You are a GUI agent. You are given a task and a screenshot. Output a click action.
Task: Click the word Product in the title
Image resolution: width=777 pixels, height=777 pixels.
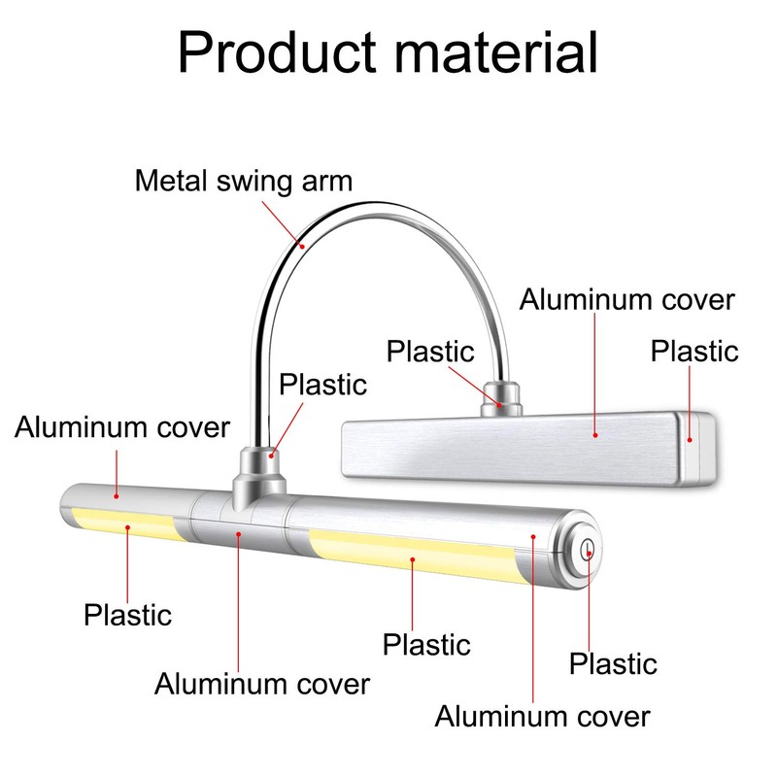click(277, 52)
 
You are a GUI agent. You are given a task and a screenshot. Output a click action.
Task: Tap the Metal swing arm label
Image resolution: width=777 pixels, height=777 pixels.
click(244, 181)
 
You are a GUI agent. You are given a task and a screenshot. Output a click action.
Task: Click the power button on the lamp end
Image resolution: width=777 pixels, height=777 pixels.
click(588, 550)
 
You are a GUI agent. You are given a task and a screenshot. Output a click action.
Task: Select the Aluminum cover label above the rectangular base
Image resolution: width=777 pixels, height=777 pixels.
click(626, 300)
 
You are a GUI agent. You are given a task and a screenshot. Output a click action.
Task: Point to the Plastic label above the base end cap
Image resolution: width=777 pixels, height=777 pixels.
click(694, 352)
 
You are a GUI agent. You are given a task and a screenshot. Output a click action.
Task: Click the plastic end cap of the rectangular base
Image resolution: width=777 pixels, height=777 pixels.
click(697, 449)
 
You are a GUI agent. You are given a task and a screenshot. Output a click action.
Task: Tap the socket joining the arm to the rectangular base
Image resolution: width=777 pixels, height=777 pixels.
click(501, 399)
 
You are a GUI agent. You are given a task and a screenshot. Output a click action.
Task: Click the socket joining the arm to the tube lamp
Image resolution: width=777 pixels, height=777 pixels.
click(259, 476)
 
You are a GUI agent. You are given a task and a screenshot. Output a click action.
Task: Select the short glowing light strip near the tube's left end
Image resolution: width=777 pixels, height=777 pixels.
click(127, 523)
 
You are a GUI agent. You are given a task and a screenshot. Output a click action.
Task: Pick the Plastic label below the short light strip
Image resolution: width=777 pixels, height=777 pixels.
click(127, 615)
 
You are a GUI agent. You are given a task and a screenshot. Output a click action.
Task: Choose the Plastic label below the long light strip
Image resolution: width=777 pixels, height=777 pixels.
click(426, 645)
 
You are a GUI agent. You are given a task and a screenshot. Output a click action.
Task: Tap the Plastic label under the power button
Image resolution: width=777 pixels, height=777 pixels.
click(613, 664)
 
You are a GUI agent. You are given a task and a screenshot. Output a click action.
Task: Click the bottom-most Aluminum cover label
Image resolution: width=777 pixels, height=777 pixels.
click(542, 717)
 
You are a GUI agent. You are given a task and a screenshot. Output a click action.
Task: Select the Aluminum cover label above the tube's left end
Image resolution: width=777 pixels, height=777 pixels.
click(122, 427)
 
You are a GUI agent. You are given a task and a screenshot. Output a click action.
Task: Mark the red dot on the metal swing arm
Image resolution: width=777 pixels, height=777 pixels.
click(301, 245)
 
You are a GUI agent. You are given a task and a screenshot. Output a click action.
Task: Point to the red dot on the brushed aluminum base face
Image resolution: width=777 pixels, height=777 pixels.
click(595, 435)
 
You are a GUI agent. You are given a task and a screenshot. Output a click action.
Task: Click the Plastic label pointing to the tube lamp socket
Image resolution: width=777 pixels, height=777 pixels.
click(322, 385)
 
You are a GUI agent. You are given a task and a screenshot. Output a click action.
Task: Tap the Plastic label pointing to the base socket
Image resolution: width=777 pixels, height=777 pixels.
click(430, 352)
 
